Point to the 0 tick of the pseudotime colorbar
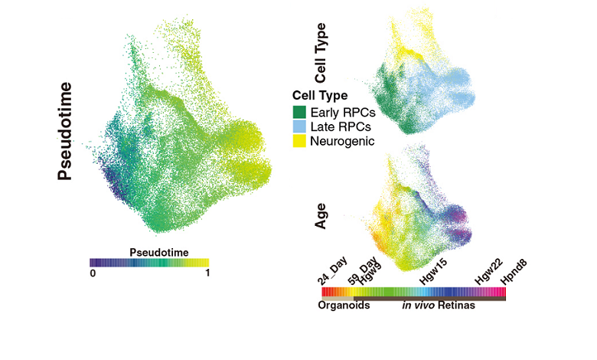[93, 273]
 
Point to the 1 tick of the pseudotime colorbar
[206, 273]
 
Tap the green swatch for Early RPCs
[298, 113]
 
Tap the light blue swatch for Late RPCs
[298, 127]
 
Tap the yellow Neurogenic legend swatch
[298, 142]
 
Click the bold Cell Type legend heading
[321, 97]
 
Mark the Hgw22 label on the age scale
[488, 273]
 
